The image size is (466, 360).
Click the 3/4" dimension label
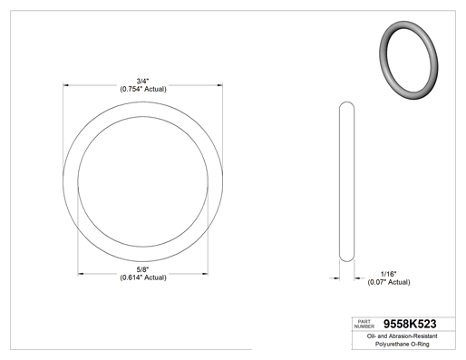142,81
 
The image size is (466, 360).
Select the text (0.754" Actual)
143,89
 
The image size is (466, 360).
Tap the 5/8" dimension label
142,269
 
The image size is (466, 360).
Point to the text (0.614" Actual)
143,277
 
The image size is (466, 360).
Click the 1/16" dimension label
389,274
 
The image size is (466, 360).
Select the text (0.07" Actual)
389,282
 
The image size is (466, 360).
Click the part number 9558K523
410,324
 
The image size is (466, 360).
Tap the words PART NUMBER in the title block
364,324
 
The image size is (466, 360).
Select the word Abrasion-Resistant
413,336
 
